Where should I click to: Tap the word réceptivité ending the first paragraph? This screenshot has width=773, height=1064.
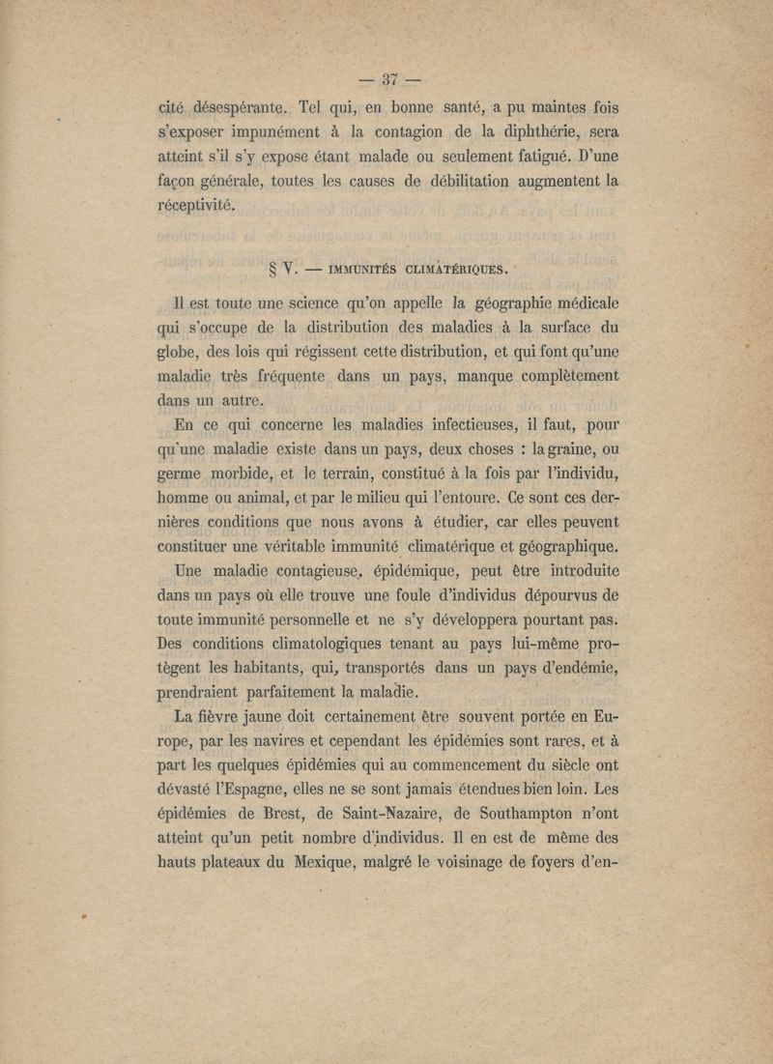click(195, 206)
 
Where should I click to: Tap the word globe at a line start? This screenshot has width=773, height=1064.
click(179, 349)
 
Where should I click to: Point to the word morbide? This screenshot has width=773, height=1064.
click(245, 475)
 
